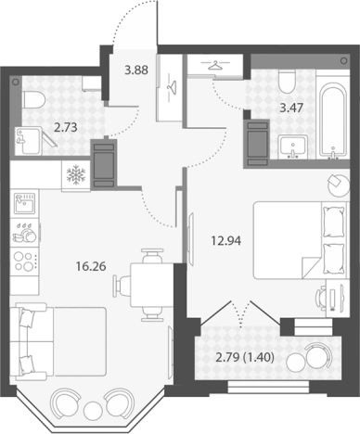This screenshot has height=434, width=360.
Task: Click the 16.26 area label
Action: pyautogui.click(x=91, y=266)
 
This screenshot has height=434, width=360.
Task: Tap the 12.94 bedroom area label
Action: pyautogui.click(x=226, y=240)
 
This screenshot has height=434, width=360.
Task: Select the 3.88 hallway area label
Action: pyautogui.click(x=136, y=70)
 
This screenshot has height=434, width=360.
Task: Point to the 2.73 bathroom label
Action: pyautogui.click(x=66, y=127)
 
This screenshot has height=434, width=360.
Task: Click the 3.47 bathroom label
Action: pyautogui.click(x=291, y=108)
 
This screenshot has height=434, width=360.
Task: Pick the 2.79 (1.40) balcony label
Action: pyautogui.click(x=245, y=358)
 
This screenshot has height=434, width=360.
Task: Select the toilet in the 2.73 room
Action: pyautogui.click(x=34, y=100)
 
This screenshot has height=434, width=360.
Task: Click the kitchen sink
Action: pyautogui.click(x=25, y=203)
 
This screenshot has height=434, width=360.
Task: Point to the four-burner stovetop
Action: pyautogui.click(x=25, y=262)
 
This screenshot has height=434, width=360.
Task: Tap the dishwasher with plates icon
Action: pyautogui.click(x=25, y=233)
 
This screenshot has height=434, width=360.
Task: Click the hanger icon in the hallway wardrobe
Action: pyautogui.click(x=170, y=86)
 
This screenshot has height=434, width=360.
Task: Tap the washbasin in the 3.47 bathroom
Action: pyautogui.click(x=293, y=147)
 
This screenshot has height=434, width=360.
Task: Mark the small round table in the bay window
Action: pyautogui.click(x=92, y=409)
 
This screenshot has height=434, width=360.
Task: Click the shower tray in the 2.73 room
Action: pyautogui.click(x=28, y=141)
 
